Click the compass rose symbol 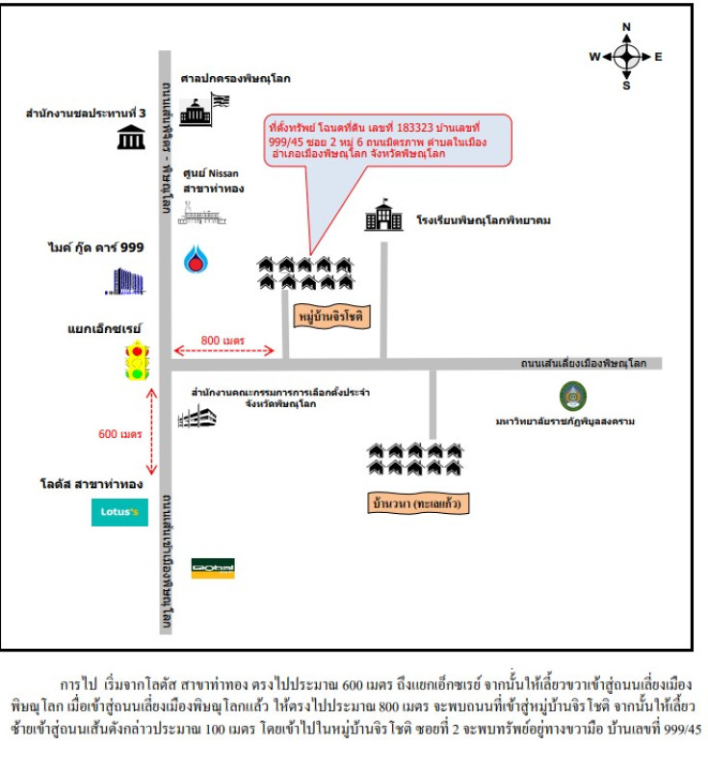click(x=626, y=56)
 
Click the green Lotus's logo click(x=119, y=512)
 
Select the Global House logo click(x=213, y=568)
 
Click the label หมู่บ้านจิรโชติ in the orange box click(x=331, y=316)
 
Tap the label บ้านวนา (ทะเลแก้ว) click(x=419, y=503)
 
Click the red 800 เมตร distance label click(x=223, y=340)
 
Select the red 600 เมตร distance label click(x=120, y=434)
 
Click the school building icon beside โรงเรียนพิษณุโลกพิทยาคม click(x=383, y=218)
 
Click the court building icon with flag click(x=203, y=111)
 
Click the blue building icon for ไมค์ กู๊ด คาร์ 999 click(x=127, y=280)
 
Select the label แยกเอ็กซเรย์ click(x=104, y=327)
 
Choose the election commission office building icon click(x=197, y=417)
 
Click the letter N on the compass click(x=626, y=26)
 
